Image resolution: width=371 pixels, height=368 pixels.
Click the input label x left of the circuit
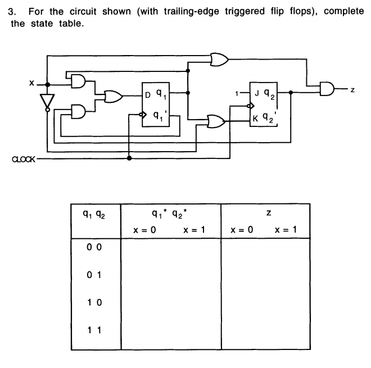coord(32,83)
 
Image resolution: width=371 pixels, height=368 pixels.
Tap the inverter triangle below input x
coord(48,101)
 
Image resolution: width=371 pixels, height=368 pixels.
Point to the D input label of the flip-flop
coord(148,96)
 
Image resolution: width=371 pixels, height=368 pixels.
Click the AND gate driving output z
coord(327,87)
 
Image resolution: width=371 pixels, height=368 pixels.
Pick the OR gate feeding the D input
coord(114,96)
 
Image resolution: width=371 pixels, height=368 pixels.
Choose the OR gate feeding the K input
coord(215,120)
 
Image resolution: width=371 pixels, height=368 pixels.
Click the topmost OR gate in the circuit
coord(219,59)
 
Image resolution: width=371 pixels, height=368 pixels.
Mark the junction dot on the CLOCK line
coord(130,158)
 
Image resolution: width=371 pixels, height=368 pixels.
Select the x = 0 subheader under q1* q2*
coord(144,230)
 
